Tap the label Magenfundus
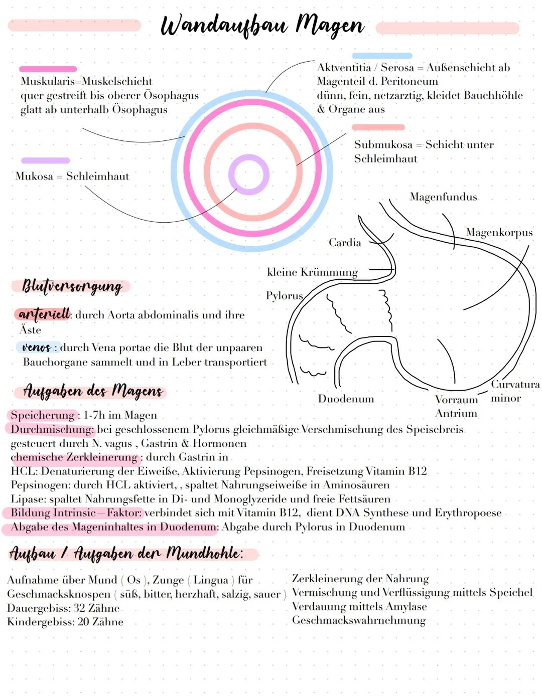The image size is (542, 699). (443, 197)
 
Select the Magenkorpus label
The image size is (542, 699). (499, 233)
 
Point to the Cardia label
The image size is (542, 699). (345, 243)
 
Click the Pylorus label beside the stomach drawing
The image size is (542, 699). (284, 296)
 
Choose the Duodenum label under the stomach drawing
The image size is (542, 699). (346, 399)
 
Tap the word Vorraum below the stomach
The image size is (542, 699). (456, 400)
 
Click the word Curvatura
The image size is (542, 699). (515, 385)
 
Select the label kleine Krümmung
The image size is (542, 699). (312, 272)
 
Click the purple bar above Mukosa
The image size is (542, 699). (45, 160)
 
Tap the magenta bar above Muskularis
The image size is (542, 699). (48, 69)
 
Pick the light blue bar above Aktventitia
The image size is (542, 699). (382, 56)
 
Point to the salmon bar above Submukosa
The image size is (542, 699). (378, 127)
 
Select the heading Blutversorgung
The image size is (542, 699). (72, 286)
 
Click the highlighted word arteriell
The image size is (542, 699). (44, 314)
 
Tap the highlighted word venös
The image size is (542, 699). (36, 347)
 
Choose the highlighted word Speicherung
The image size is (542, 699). (42, 415)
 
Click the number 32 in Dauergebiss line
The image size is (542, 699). (79, 608)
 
